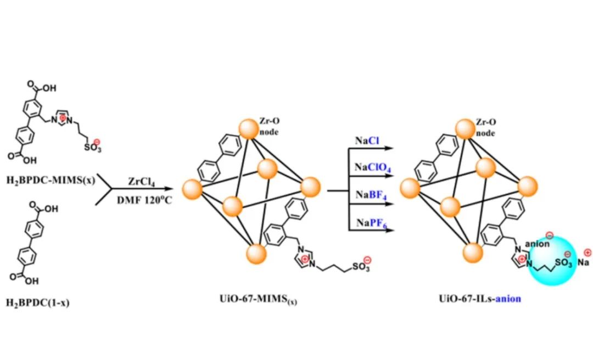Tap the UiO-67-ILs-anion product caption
(x=479, y=299)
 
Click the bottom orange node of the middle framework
(x=256, y=254)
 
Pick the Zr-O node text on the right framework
(x=486, y=128)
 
